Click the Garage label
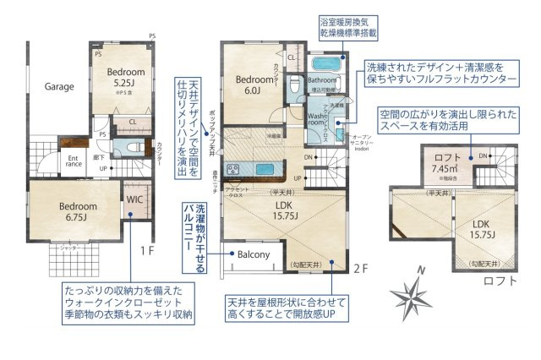[59, 86]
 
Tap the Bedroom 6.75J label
[79, 210]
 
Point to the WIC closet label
[135, 200]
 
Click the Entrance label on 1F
[74, 161]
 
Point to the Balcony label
[252, 254]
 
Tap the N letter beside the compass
[421, 270]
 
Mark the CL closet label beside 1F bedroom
[132, 122]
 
